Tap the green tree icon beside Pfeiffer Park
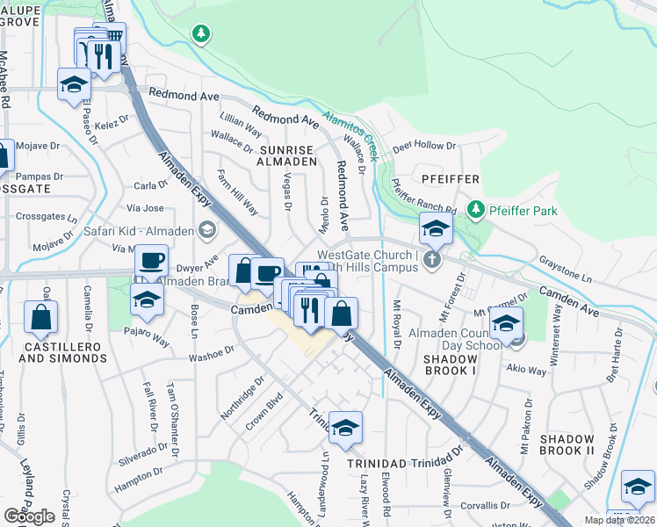coord(476,209)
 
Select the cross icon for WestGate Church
coord(430,259)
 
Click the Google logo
coord(29,516)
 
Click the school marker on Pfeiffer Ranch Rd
coord(436,230)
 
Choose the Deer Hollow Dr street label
coord(424,146)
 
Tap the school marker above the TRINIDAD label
coord(346,427)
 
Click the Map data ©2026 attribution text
coord(619,520)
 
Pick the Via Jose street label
coord(145,208)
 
